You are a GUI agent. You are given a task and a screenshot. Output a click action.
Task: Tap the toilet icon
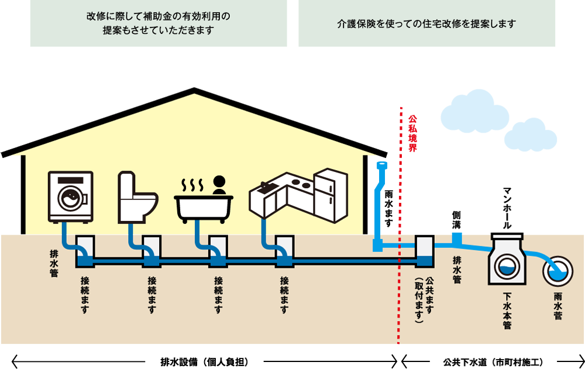(137, 198)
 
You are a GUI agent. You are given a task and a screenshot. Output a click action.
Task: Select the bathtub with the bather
(204, 206)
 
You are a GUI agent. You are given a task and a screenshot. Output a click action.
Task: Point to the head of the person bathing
(219, 181)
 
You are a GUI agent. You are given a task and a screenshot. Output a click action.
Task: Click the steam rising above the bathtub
(191, 185)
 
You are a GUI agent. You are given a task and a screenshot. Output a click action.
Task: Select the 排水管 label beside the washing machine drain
(54, 264)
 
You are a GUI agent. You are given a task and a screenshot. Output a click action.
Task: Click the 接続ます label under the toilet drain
(152, 295)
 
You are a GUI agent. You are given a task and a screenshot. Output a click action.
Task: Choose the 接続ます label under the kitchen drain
(284, 295)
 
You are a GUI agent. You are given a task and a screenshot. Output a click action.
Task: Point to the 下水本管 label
(507, 308)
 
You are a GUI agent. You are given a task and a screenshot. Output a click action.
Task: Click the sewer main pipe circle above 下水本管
(507, 266)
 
